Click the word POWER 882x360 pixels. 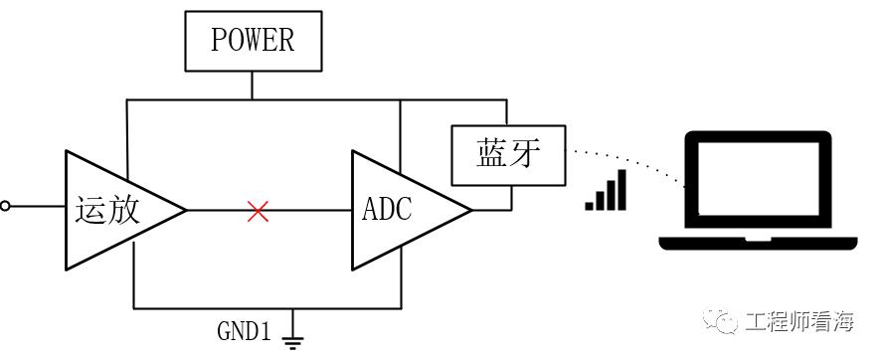[x=253, y=40]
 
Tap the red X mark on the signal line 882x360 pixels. [x=258, y=211]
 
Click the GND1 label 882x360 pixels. [x=245, y=332]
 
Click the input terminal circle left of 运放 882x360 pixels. [x=5, y=207]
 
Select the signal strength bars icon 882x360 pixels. [x=606, y=190]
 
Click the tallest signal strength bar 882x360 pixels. [x=621, y=190]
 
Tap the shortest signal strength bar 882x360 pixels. [x=590, y=206]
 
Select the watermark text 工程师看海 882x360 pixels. [x=798, y=322]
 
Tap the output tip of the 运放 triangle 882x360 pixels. [x=186, y=210]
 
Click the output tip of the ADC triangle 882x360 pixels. [x=471, y=210]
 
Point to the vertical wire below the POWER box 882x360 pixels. [x=252, y=86]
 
